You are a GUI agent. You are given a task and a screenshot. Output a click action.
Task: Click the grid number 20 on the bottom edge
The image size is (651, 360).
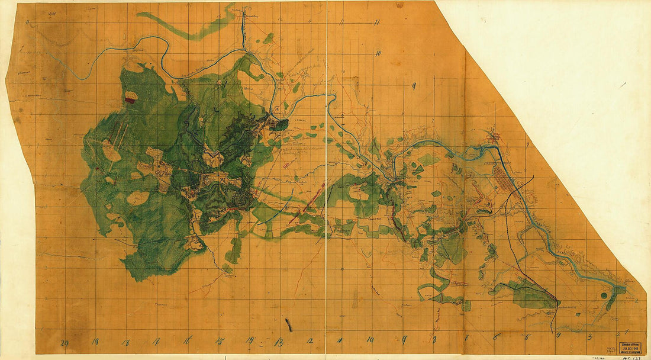point(65,342)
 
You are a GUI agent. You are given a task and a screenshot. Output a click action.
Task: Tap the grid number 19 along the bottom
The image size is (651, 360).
point(95,342)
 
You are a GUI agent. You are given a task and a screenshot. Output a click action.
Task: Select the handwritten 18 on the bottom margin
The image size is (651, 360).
point(125,342)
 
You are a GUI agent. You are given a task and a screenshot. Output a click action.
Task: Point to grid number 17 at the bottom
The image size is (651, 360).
point(156,342)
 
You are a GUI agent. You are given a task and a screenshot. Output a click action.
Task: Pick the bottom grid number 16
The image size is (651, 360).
point(187,341)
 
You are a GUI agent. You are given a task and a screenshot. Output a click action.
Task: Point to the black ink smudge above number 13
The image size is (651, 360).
point(288,324)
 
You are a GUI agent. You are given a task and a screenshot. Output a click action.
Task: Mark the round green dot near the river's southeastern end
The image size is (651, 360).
point(604,294)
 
